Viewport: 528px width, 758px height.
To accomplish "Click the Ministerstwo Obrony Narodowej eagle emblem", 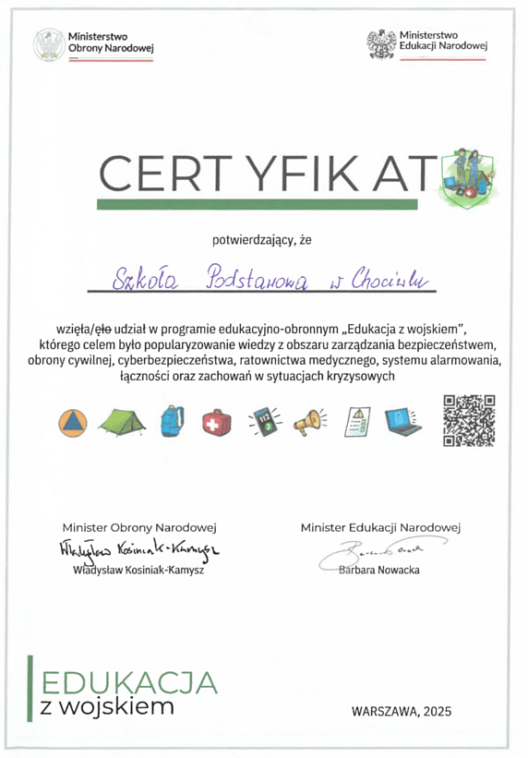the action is [47, 44].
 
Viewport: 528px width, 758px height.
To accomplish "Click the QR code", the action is [470, 420].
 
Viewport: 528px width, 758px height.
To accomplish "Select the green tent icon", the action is [121, 422].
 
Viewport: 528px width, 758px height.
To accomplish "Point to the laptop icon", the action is [402, 421].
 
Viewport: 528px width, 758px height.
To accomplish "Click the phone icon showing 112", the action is [264, 422].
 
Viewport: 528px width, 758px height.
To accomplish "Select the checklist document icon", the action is [355, 421].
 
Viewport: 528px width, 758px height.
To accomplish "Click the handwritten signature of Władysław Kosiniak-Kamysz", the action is [137, 550].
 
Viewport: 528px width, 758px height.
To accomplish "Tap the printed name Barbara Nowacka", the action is [378, 570].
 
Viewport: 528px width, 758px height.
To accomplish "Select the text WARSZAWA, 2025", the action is [402, 711].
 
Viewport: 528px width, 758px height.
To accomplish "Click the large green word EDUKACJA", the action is [129, 683].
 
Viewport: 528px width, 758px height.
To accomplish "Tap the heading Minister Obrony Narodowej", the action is [138, 527].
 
